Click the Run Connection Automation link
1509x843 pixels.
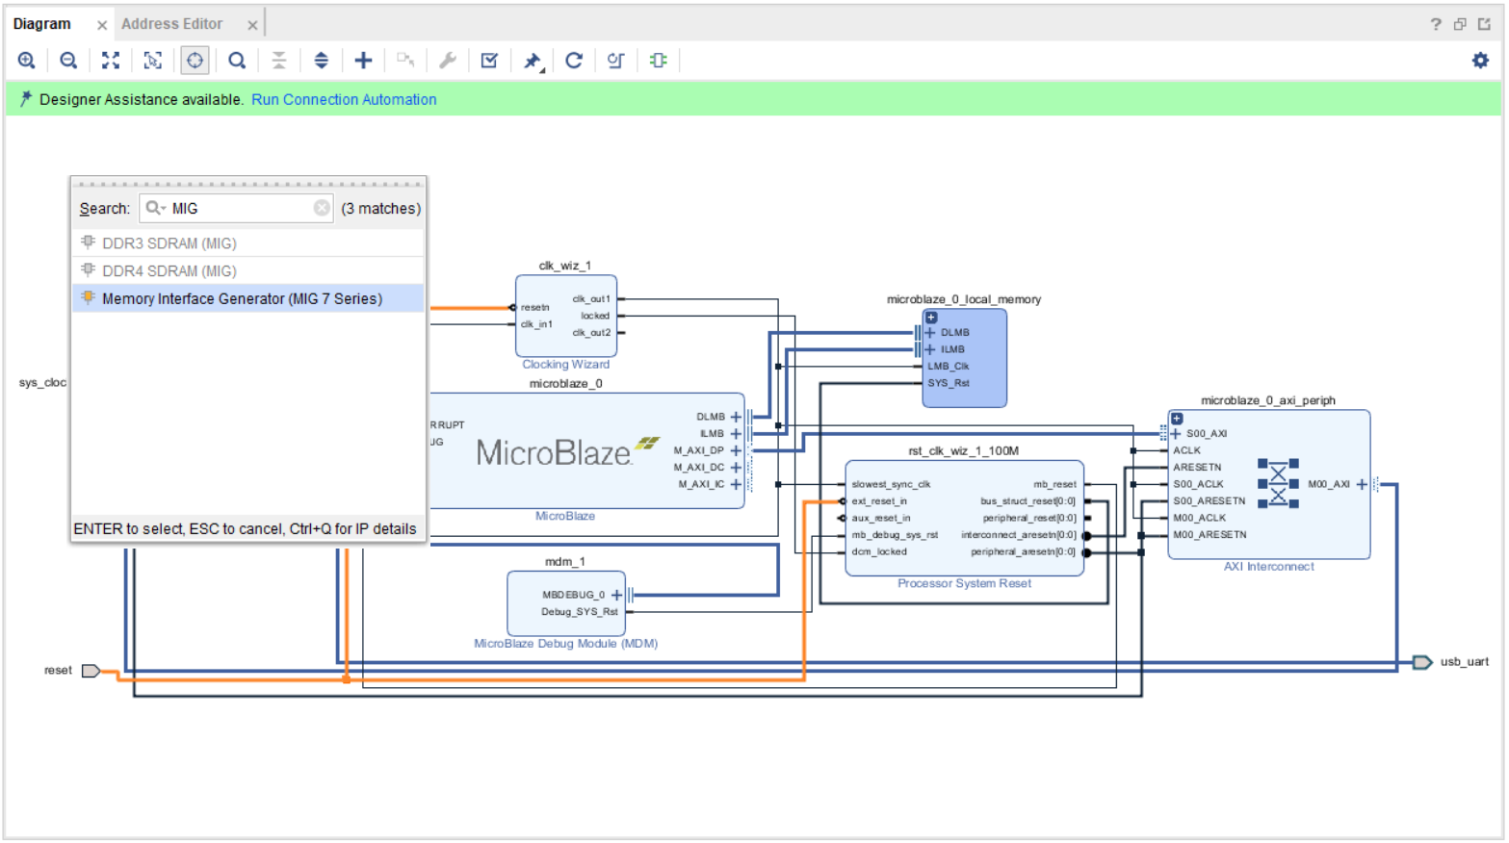tap(344, 99)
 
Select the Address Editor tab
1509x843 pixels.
tap(171, 24)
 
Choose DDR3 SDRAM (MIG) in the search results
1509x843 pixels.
tap(169, 243)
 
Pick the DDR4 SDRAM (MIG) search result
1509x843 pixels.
tap(169, 271)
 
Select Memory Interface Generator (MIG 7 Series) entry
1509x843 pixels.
tap(242, 298)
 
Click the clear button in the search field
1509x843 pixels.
tap(322, 208)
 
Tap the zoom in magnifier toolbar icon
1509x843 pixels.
tap(27, 61)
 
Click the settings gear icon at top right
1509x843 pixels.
tap(1480, 61)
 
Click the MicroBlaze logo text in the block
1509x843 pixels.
tap(554, 452)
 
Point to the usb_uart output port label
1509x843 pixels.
tap(1464, 662)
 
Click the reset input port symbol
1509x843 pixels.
tap(91, 671)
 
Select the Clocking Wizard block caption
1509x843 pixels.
tap(565, 365)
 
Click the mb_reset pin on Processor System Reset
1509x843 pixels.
tap(1054, 484)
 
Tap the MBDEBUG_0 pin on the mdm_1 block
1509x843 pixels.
tap(573, 595)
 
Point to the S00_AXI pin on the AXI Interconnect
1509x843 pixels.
tap(1206, 434)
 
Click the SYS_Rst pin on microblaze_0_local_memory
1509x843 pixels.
tap(948, 383)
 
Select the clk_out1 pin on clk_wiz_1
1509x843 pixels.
tap(591, 299)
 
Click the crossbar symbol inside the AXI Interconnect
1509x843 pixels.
tap(1278, 483)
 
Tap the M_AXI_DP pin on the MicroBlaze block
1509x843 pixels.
tap(698, 450)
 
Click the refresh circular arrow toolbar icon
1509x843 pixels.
tap(574, 61)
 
